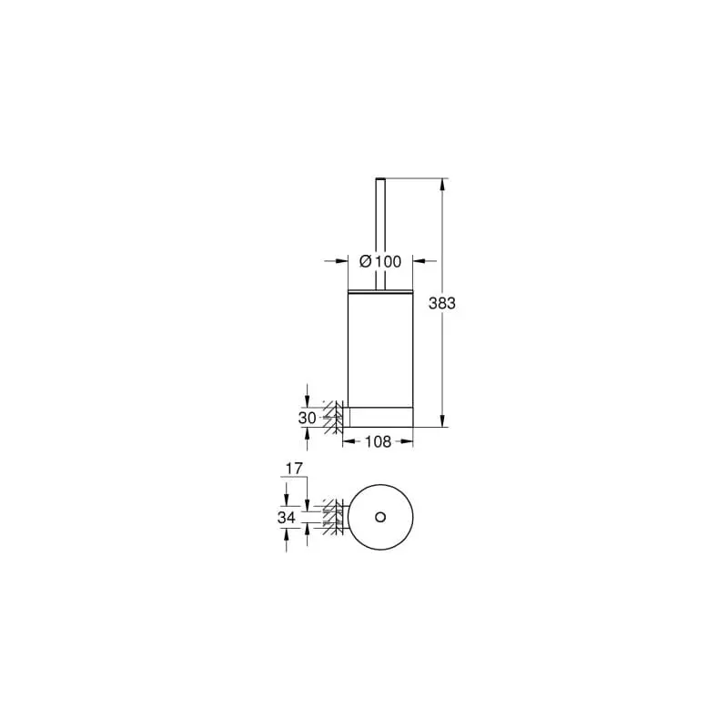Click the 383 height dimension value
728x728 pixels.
point(442,303)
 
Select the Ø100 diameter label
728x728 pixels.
point(380,261)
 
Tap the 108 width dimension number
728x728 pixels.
point(378,441)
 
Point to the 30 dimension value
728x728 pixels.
point(307,419)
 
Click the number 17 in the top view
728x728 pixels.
point(294,469)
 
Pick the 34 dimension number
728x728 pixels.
point(287,517)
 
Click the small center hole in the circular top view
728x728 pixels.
point(380,517)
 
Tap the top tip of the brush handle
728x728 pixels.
point(380,178)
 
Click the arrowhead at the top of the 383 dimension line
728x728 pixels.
point(442,185)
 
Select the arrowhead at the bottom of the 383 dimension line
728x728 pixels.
point(442,420)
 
